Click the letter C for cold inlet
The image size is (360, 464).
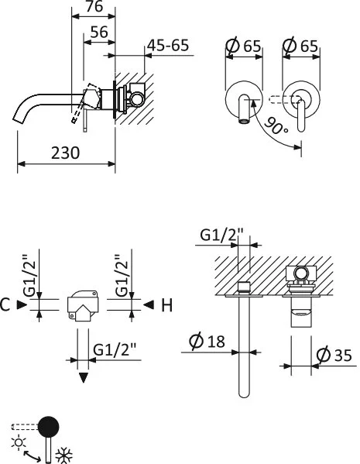point(7,305)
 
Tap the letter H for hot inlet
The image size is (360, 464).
point(166,305)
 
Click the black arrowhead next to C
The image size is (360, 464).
point(23,305)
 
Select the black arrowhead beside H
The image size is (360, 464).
point(147,305)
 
